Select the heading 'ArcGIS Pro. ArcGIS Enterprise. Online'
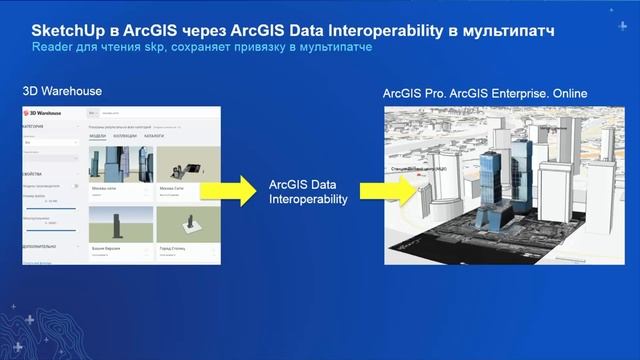(x=485, y=94)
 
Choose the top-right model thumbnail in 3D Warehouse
(x=186, y=166)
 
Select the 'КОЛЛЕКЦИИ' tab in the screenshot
(x=128, y=137)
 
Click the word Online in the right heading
(x=565, y=94)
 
